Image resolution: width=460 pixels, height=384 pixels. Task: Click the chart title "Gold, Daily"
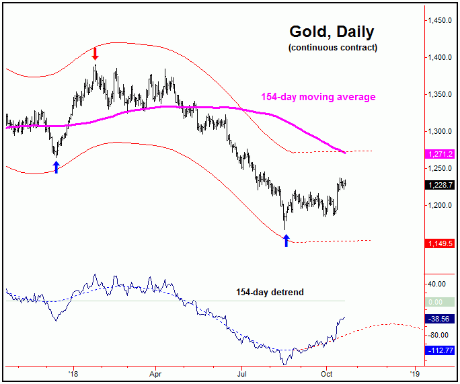point(332,32)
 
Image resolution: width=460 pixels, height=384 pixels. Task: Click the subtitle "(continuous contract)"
point(332,48)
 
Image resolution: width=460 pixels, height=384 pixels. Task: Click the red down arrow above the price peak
point(95,54)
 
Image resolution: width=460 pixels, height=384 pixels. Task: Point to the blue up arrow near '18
point(56,167)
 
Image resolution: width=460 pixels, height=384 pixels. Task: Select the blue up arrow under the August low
point(286,239)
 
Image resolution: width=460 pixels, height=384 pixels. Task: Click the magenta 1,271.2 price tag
point(440,154)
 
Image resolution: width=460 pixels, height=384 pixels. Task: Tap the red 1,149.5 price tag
point(440,243)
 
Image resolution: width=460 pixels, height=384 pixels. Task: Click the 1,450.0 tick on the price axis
point(441,20)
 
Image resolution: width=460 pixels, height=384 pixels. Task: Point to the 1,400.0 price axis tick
point(441,57)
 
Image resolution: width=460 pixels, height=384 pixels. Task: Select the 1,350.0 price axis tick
point(441,94)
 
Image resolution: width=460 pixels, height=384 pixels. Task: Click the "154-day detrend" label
point(269,293)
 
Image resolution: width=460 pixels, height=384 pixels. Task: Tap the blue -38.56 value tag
point(440,319)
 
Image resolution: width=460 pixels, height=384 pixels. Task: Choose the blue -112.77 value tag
point(440,350)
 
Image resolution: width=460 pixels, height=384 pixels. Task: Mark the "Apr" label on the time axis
point(156,372)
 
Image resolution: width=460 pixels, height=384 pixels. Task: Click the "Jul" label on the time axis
point(241,372)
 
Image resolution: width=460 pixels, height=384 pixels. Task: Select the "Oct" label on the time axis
point(327,372)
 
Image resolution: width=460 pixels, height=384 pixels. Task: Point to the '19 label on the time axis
point(415,372)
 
